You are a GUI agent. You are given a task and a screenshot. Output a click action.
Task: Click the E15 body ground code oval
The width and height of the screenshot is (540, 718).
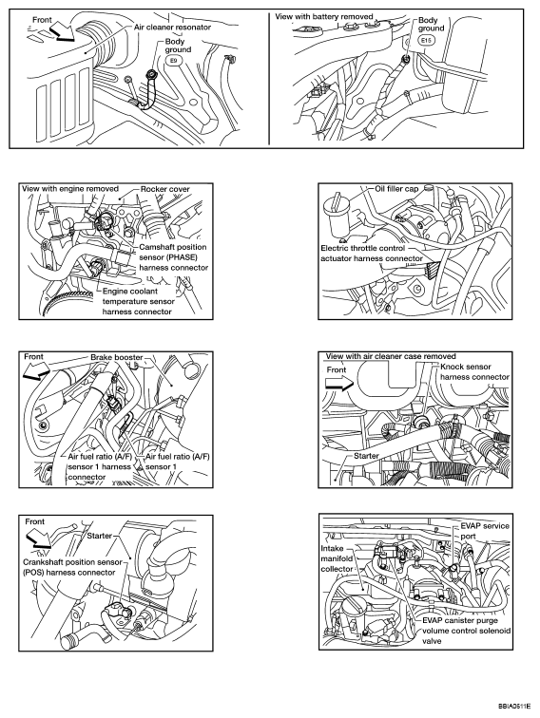426,40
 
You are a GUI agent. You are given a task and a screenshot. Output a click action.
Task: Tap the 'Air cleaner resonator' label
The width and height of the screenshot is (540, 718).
172,27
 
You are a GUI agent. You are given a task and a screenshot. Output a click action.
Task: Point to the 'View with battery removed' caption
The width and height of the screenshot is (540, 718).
324,16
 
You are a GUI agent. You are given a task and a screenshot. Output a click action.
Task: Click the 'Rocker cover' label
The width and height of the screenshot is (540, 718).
165,189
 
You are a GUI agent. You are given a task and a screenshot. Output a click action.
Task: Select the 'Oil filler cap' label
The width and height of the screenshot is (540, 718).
396,189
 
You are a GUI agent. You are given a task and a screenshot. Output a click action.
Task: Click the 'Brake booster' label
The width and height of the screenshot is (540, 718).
116,357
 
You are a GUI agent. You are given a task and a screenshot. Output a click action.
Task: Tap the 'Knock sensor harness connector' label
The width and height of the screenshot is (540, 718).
474,372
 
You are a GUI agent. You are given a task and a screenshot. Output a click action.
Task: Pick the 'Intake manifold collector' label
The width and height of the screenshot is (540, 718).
337,558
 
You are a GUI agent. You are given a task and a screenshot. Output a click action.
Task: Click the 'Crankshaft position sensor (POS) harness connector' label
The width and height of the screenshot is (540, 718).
72,567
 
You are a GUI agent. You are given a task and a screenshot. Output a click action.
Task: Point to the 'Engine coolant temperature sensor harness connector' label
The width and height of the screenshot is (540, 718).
138,301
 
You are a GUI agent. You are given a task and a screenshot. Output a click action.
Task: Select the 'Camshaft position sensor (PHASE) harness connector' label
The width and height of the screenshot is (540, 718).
173,256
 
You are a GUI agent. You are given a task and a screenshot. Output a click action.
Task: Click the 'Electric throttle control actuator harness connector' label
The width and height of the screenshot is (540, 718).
372,254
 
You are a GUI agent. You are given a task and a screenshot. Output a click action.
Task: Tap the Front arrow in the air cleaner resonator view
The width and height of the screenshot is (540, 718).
62,32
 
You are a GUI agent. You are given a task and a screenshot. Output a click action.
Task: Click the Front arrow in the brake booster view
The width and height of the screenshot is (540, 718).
37,370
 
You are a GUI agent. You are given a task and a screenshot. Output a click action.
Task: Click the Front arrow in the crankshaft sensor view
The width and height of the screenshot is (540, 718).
39,538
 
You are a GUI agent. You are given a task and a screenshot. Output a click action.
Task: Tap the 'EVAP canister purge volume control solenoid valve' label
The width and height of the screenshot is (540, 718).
466,631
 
